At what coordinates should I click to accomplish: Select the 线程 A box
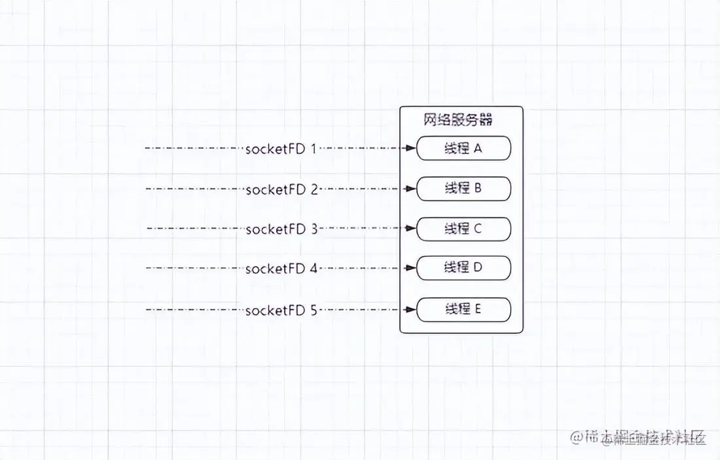[463, 149]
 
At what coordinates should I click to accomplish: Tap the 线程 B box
[463, 189]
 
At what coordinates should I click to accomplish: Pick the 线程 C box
[463, 229]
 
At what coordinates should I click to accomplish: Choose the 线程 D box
[463, 268]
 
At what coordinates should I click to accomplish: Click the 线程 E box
[463, 309]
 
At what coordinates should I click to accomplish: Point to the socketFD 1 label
[281, 149]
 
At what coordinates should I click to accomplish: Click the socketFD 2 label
[281, 190]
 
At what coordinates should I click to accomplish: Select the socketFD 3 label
[281, 229]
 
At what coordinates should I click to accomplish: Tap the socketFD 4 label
[281, 269]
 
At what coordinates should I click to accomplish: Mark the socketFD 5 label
[281, 311]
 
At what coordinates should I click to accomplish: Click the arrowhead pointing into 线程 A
[411, 149]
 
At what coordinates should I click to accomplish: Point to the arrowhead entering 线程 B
[411, 189]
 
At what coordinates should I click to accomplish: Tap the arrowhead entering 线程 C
[411, 229]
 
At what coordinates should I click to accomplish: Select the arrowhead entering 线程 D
[411, 268]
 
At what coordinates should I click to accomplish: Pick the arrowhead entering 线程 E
[411, 309]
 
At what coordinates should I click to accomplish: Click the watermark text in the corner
[638, 438]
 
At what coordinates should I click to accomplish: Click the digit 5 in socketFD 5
[313, 311]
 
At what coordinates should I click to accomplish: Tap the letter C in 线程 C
[478, 229]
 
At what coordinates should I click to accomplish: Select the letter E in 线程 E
[478, 309]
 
